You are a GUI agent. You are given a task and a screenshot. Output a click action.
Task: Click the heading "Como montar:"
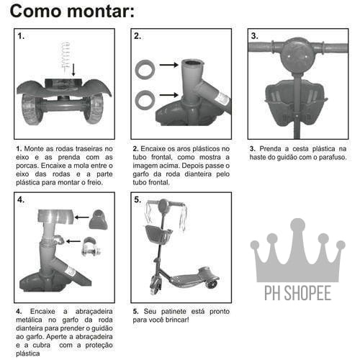72,12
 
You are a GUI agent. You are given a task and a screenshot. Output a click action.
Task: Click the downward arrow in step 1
73,70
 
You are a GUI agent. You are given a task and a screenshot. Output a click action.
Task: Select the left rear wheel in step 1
32,109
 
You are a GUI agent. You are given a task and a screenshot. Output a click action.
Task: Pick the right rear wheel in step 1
94,109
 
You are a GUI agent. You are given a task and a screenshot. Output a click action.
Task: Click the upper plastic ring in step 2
145,69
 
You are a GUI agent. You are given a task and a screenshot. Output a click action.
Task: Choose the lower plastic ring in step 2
145,100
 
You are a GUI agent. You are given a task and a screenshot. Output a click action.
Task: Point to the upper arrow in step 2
169,65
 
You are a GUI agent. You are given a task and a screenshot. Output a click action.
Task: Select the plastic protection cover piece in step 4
99,220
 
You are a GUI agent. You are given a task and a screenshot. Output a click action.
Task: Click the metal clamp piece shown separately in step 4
91,246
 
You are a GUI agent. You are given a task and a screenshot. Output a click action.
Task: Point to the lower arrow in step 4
73,241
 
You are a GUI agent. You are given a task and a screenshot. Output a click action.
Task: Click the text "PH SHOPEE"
297,293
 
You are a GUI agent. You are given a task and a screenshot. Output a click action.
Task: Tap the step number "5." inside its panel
138,199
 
